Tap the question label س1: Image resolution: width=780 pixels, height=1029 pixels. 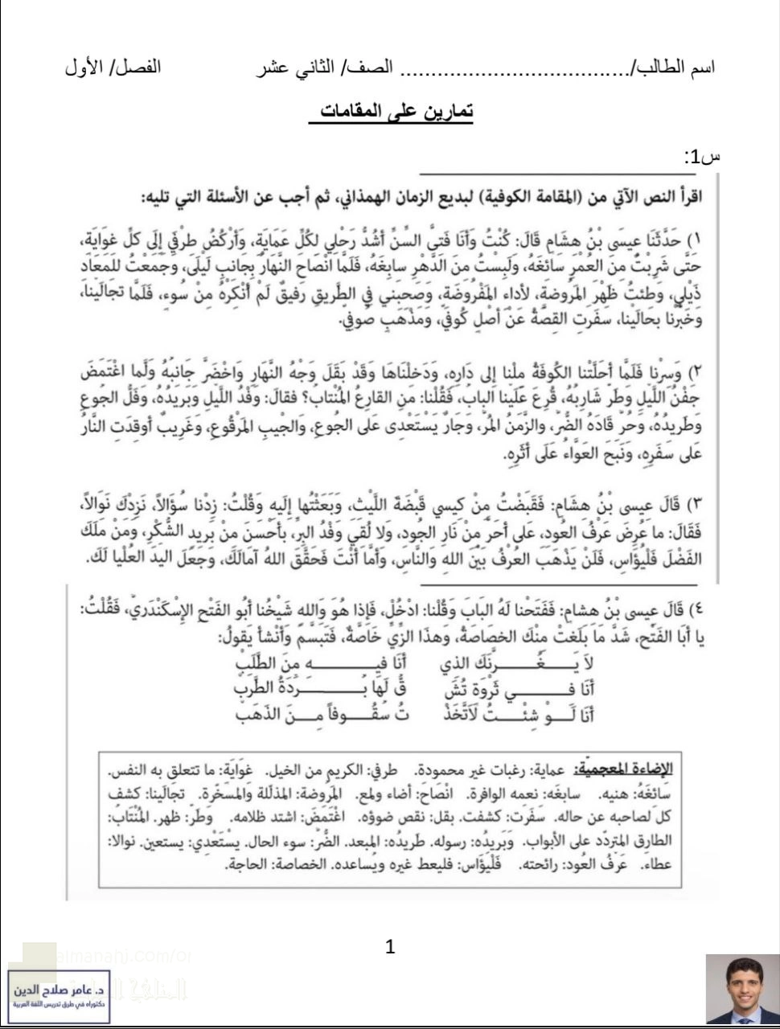pyautogui.click(x=701, y=157)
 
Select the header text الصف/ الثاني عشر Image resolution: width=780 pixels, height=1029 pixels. pyautogui.click(x=325, y=67)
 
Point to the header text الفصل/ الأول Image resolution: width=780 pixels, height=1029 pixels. pyautogui.click(x=113, y=67)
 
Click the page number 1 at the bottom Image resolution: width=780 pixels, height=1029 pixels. pyautogui.click(x=391, y=946)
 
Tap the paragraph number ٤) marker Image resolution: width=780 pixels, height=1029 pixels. pyautogui.click(x=697, y=607)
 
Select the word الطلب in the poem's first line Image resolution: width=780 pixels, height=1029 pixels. pyautogui.click(x=262, y=663)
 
